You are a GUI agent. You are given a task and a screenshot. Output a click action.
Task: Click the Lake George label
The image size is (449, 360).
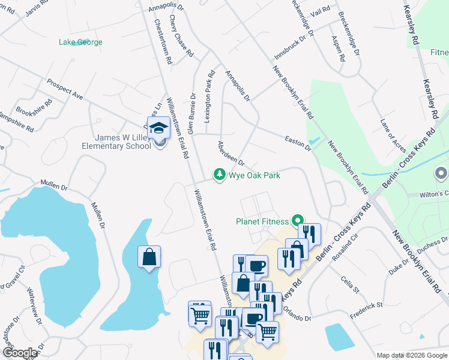[80, 42]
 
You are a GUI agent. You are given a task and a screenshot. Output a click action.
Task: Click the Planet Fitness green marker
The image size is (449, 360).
[296, 221]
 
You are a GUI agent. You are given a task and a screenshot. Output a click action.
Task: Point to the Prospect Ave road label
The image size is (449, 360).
[64, 88]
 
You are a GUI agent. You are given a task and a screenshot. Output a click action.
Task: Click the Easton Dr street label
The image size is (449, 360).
[298, 142]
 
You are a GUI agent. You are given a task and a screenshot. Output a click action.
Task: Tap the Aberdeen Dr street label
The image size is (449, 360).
[231, 154]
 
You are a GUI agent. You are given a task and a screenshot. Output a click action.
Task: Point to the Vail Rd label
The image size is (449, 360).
[321, 10]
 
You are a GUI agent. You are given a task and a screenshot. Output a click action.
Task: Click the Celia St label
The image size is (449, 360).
[349, 281]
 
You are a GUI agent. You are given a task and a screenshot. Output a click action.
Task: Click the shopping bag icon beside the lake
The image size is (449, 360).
[149, 257]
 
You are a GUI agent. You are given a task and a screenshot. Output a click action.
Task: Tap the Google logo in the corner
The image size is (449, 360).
[20, 353]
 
